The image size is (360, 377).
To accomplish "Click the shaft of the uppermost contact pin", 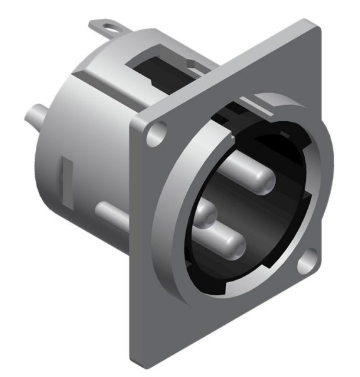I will [x=242, y=170].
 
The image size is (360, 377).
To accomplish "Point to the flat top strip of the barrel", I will [x=119, y=60].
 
